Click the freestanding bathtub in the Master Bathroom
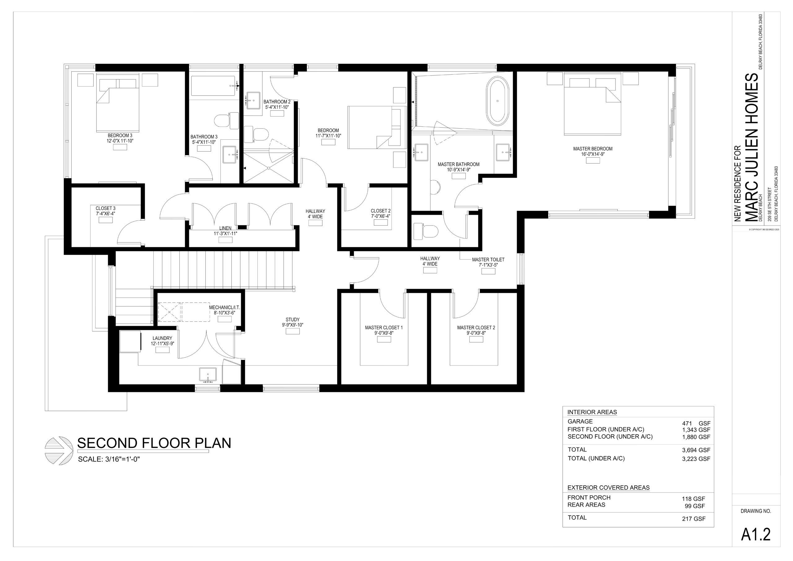497,101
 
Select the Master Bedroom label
593,149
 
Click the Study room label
292,320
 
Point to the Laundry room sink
208,376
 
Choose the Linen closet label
225,228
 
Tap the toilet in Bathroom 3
226,120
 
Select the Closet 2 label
381,211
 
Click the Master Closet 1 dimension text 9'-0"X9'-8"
384,333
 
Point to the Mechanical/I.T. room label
225,307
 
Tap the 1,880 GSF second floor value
696,437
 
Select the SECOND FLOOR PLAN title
154,443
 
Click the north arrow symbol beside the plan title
59,450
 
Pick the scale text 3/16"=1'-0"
122,459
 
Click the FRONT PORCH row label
589,497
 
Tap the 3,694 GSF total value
696,450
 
